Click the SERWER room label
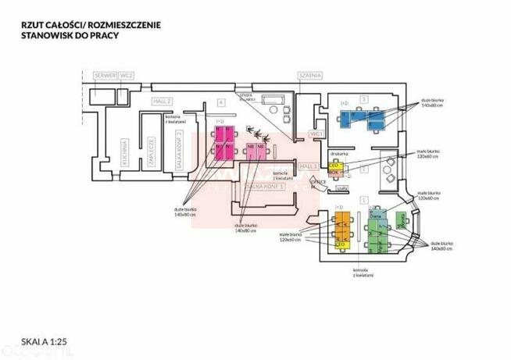(104, 75)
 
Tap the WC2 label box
(127, 75)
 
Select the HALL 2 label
(162, 102)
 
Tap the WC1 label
(316, 134)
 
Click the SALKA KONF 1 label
(264, 187)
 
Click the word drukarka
(338, 154)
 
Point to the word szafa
(341, 188)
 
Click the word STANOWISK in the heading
(50, 35)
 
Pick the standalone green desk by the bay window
(402, 222)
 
